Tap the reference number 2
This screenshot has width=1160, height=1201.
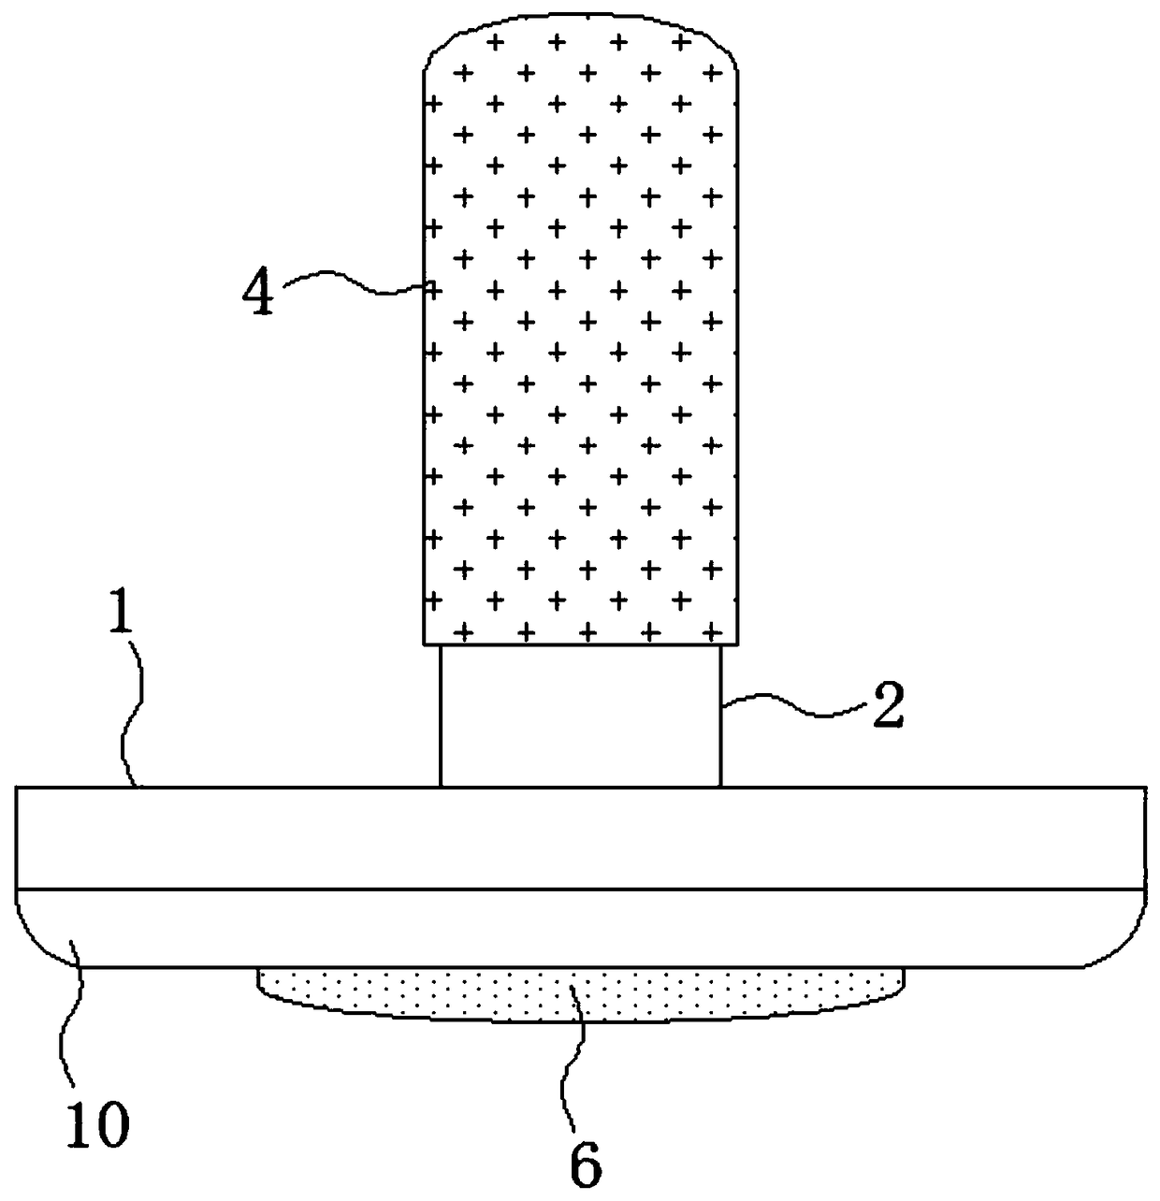pos(887,709)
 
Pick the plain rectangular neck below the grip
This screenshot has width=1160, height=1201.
pos(580,716)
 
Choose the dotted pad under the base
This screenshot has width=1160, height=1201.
pos(580,991)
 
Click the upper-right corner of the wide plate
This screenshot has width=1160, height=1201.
pos(1144,789)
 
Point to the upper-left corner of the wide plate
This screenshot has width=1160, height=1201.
pos(18,789)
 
